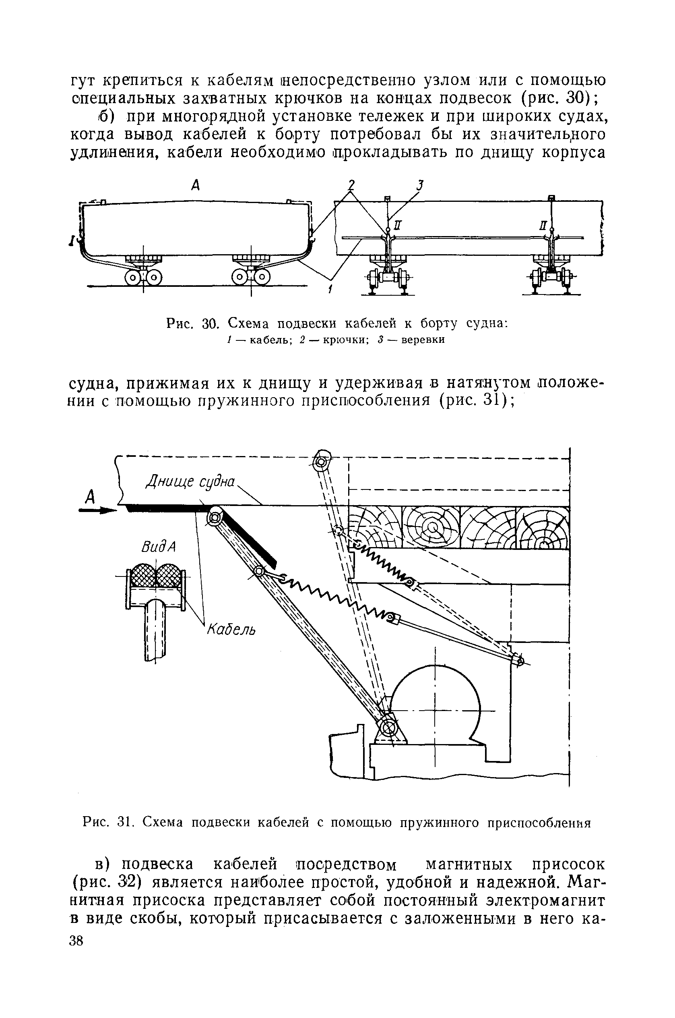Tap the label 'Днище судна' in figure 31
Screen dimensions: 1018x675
[x=191, y=481]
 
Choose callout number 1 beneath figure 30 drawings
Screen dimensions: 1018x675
[x=330, y=290]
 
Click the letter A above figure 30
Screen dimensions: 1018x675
[x=196, y=185]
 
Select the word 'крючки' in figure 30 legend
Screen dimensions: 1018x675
[x=343, y=340]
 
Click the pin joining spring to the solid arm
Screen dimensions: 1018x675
[x=259, y=571]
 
